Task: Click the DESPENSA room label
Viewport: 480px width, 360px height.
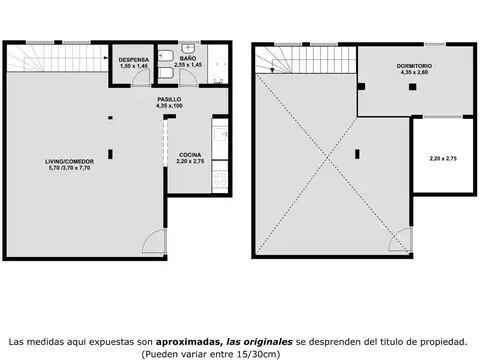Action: click(x=134, y=60)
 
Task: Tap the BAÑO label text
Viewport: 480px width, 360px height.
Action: click(x=188, y=60)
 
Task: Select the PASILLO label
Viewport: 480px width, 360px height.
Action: click(x=169, y=100)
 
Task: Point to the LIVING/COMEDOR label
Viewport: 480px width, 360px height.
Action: click(x=70, y=161)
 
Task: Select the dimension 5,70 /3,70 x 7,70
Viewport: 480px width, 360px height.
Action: click(x=70, y=169)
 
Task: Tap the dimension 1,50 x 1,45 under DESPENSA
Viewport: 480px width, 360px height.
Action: click(x=134, y=67)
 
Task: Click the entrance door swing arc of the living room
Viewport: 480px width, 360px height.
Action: click(x=149, y=240)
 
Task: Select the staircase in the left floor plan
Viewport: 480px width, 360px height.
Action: click(x=55, y=60)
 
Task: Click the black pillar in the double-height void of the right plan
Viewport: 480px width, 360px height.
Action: click(x=356, y=153)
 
